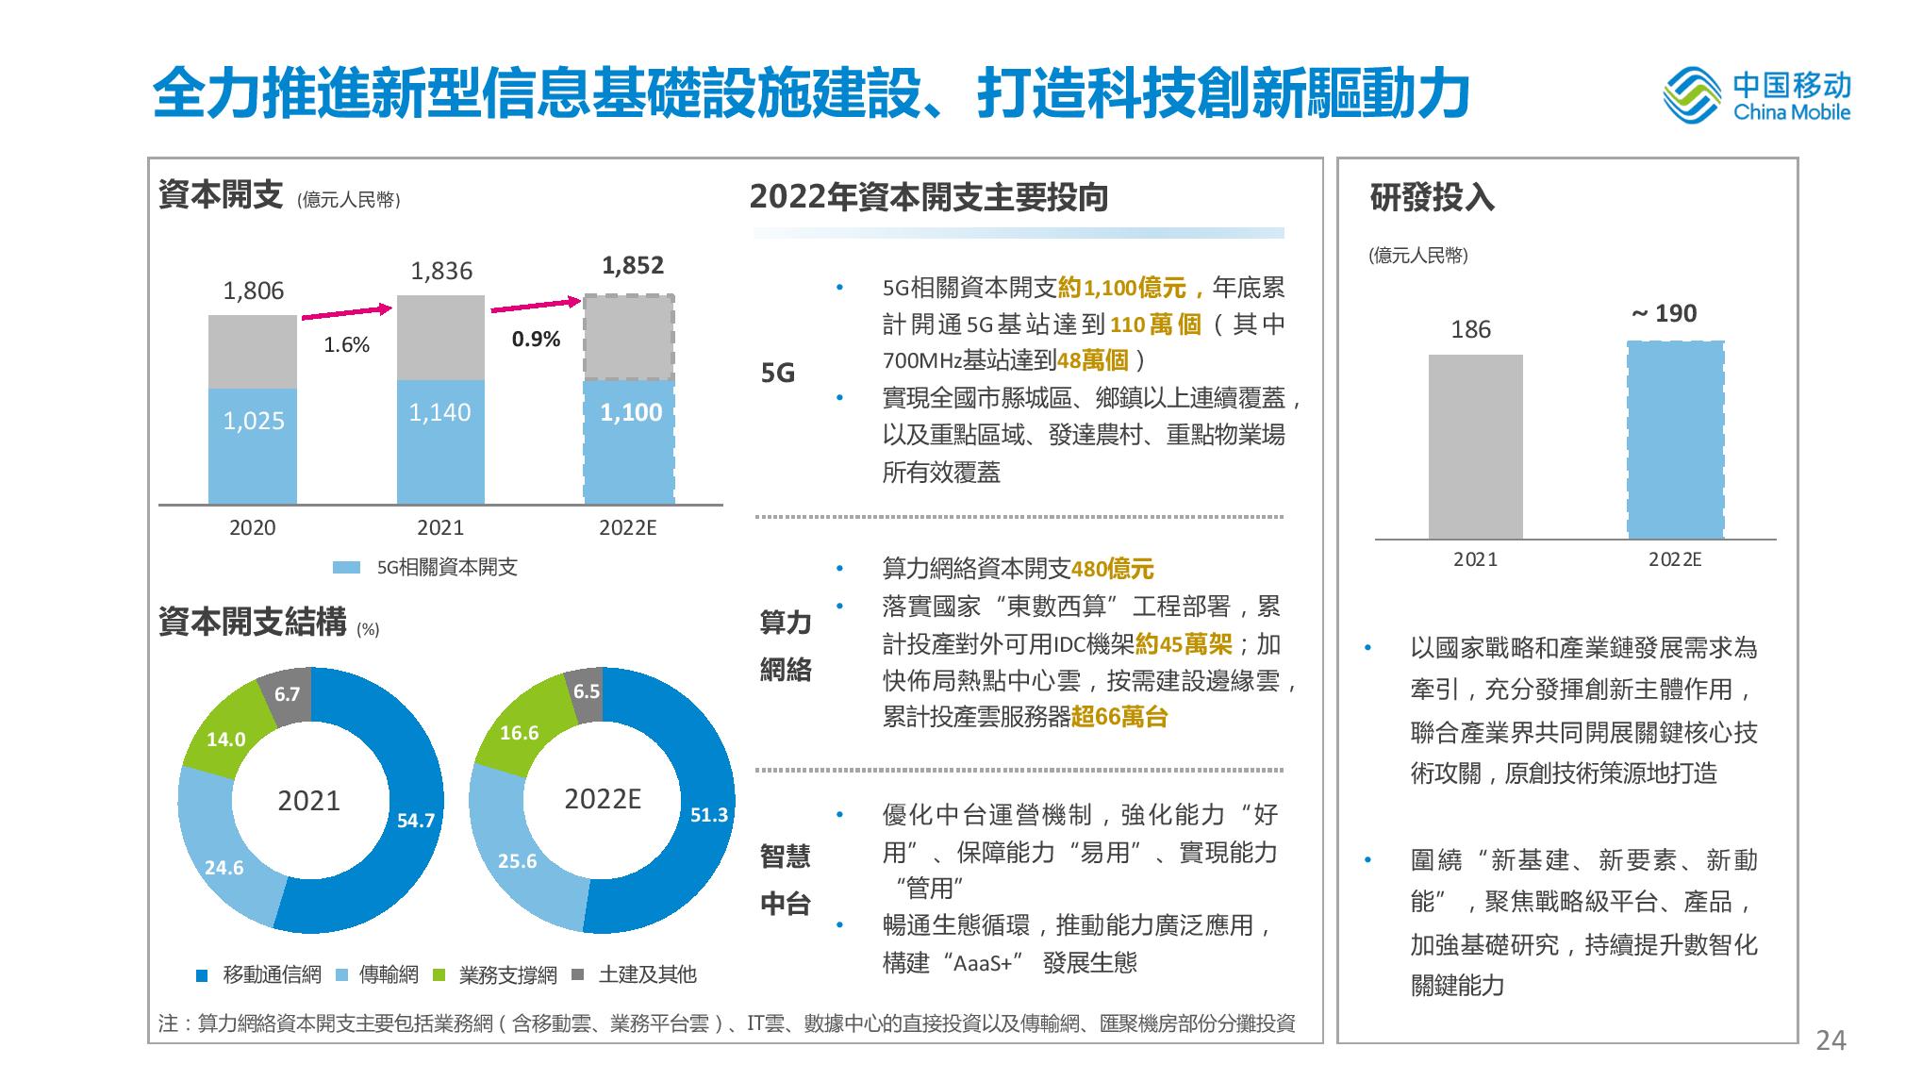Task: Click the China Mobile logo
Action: [x=1756, y=96]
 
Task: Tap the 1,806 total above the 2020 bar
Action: [x=253, y=291]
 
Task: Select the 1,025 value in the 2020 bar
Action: [x=253, y=421]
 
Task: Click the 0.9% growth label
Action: [x=536, y=340]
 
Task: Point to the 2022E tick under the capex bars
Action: [x=627, y=528]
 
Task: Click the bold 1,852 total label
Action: [x=633, y=266]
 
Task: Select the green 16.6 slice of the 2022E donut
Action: [x=518, y=733]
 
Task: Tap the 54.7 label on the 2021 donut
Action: [x=415, y=821]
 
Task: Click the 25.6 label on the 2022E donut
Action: [x=517, y=860]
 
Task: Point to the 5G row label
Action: [x=778, y=374]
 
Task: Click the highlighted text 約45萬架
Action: [x=1184, y=644]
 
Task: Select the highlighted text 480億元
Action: [x=1113, y=569]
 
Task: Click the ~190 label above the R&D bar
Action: [x=1665, y=314]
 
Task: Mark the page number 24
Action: [x=1831, y=1040]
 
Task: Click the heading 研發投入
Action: [x=1432, y=198]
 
